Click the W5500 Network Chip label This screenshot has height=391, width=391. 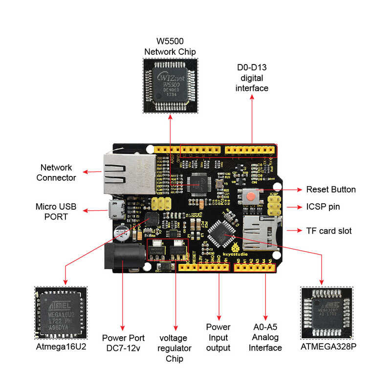tap(170, 47)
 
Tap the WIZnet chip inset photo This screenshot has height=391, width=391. tap(170, 86)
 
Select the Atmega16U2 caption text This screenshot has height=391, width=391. tap(61, 347)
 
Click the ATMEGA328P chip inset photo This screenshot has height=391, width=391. tap(326, 313)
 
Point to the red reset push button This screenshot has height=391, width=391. tap(250, 196)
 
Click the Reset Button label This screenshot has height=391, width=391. tap(331, 190)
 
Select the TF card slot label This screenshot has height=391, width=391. tap(329, 230)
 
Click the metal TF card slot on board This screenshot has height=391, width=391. tap(262, 233)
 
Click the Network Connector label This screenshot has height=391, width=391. tap(56, 173)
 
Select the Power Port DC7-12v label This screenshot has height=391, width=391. tap(123, 342)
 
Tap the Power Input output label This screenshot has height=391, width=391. tap(218, 337)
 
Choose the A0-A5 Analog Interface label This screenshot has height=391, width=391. tap(265, 337)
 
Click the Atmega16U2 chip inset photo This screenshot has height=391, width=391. tap(61, 313)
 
